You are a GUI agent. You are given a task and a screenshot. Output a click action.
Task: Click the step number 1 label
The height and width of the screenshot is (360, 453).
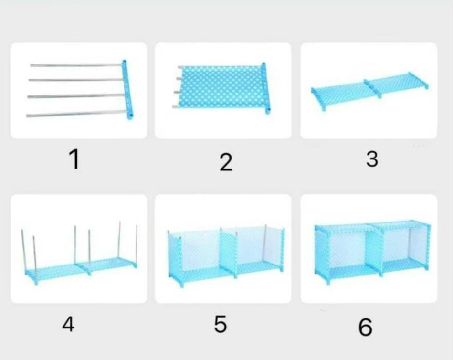tap(74, 159)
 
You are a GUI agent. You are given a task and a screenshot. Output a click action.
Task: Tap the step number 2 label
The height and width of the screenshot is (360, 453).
tap(226, 162)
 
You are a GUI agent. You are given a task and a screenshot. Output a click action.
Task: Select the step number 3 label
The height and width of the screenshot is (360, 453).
tap(372, 159)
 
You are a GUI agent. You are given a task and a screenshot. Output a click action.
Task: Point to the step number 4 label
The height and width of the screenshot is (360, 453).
tap(68, 324)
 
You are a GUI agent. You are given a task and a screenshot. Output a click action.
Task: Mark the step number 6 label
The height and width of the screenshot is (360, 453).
tap(366, 327)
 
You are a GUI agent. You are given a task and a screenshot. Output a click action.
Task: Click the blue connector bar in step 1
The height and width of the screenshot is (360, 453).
tap(127, 90)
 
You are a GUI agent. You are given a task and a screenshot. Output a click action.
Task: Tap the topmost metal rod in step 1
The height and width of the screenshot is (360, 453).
tap(76, 65)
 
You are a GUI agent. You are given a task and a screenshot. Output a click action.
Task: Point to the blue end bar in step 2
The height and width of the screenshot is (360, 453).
tap(266, 88)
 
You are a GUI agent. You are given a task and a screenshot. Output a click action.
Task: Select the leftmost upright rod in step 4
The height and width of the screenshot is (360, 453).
tap(24, 250)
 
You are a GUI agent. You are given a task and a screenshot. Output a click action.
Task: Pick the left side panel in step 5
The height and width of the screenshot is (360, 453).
tap(175, 259)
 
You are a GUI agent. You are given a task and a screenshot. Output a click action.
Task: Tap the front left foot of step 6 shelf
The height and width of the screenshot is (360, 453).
tap(327, 281)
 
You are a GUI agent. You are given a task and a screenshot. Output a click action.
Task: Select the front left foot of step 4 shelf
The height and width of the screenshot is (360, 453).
tap(36, 281)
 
